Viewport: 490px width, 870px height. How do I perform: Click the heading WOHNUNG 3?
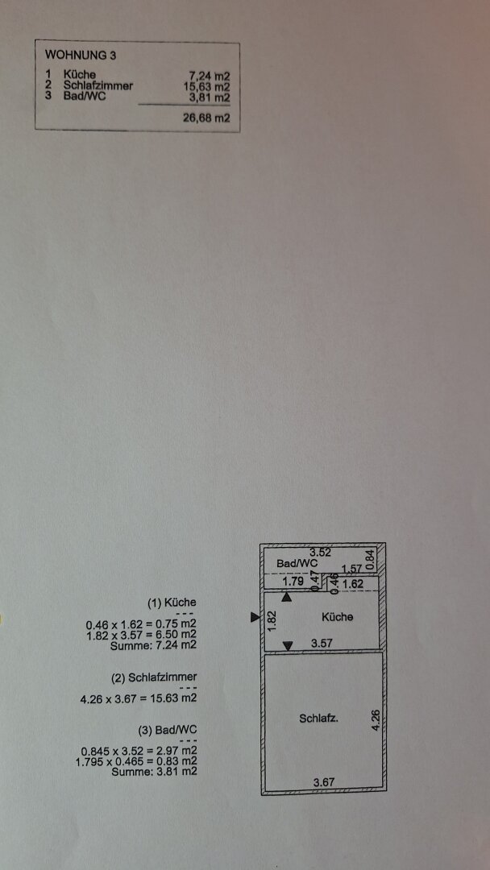81,55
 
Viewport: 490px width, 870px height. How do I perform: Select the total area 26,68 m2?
206,118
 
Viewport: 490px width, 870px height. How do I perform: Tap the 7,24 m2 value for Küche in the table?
210,77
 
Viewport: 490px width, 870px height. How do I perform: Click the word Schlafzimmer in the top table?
98,86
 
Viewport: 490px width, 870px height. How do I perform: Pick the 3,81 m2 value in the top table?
210,97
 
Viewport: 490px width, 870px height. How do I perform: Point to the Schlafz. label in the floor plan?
319,718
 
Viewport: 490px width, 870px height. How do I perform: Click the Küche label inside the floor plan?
338,616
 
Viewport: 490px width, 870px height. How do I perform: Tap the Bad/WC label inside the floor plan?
297,563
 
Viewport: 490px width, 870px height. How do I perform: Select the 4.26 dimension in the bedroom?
376,719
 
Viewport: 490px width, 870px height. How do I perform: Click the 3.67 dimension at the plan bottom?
324,782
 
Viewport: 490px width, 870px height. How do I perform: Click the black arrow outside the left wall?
255,617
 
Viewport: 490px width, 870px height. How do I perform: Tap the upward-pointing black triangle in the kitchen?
287,598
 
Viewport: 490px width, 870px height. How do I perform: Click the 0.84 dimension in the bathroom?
371,559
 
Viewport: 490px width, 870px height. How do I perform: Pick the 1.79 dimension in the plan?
293,582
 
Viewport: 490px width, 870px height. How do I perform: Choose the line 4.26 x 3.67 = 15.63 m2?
139,698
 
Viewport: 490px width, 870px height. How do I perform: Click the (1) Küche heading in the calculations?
172,603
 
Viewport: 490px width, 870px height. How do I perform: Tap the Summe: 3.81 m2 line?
154,771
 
